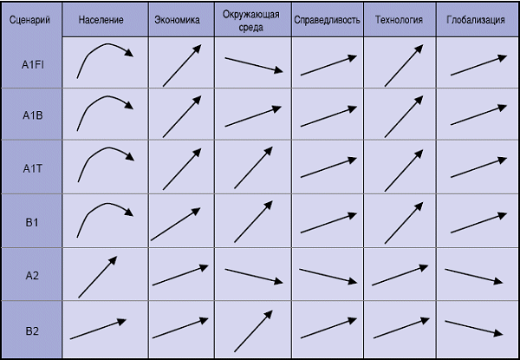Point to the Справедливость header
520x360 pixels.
[x=327, y=18]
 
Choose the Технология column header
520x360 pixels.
[x=400, y=18]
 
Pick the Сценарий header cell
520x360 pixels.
[x=31, y=18]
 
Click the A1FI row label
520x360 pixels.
[x=32, y=63]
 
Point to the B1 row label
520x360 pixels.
[x=32, y=222]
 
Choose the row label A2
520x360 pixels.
[x=32, y=276]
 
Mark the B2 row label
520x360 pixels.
[x=32, y=331]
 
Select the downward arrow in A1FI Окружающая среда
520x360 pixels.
[x=254, y=65]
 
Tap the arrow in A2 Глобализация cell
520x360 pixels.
[x=474, y=276]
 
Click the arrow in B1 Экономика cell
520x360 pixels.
[x=178, y=222]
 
